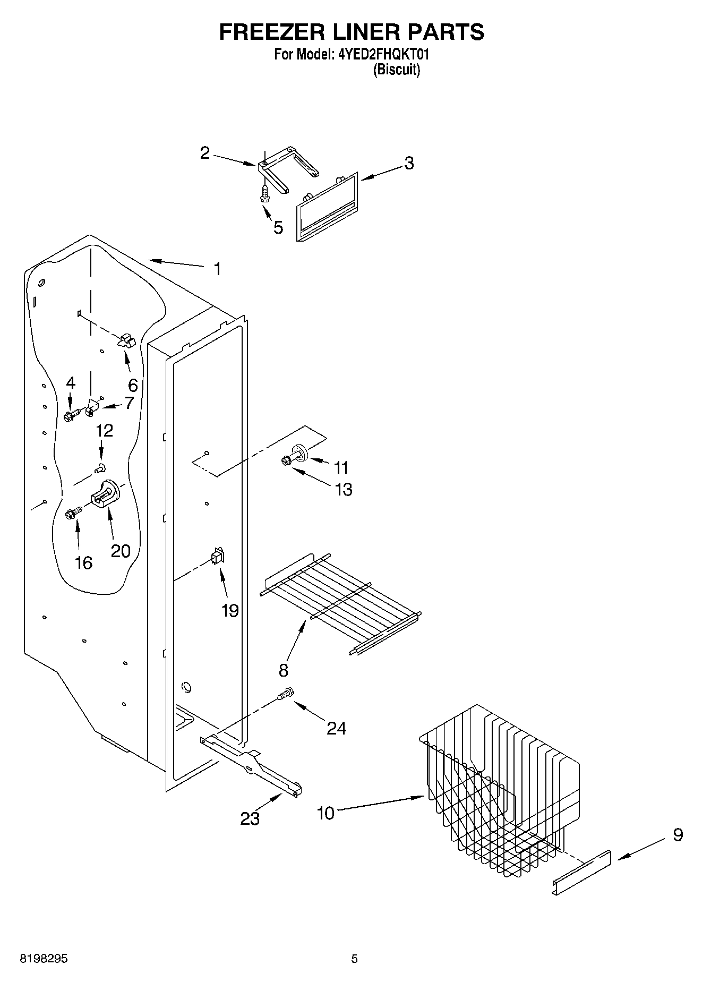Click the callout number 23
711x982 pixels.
250,818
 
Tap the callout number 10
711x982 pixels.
326,813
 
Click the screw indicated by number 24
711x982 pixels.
286,694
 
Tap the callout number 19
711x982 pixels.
230,611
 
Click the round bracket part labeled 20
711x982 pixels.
106,494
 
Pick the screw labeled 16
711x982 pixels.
72,513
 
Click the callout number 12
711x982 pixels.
105,430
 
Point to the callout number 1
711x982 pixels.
217,269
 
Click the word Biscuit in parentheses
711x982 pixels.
396,70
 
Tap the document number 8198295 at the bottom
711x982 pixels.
44,959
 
